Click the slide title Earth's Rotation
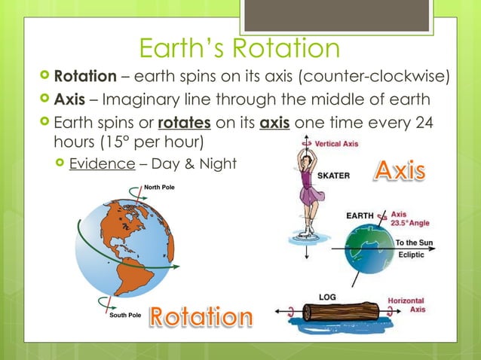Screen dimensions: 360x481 [240, 50]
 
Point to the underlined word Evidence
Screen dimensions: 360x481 [98, 163]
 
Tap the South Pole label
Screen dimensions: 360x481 [125, 315]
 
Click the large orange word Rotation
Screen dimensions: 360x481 [201, 317]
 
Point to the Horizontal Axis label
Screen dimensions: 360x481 [405, 305]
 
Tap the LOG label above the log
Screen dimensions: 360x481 [326, 297]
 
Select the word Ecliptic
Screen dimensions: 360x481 [411, 255]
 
